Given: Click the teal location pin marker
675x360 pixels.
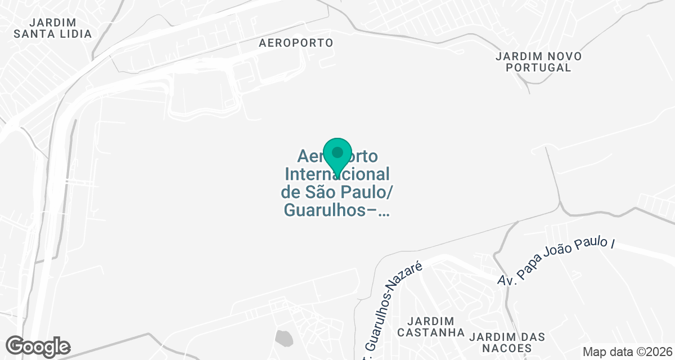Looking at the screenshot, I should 337,157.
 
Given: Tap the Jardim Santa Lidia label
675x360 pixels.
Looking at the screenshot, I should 53,28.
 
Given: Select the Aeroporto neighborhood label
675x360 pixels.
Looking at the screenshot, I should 296,43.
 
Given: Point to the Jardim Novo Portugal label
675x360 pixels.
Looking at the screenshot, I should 538,62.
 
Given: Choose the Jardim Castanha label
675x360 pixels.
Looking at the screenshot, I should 431,326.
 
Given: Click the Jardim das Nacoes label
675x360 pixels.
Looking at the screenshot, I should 507,342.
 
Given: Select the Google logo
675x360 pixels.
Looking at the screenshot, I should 38,346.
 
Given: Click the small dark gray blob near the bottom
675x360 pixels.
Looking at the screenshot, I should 284,338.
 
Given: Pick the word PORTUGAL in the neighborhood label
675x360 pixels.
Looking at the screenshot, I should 538,67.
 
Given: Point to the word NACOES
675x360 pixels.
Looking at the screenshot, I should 507,348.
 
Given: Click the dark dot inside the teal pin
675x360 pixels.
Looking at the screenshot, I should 337,152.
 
